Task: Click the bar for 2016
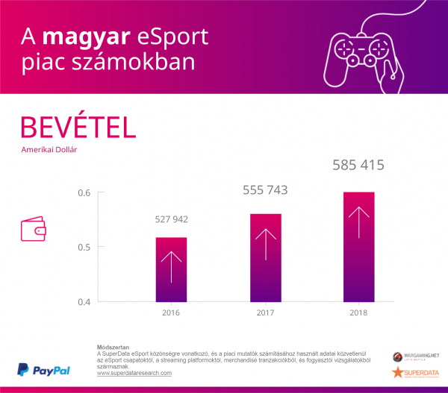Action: tap(171, 269)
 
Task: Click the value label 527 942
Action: tap(171, 219)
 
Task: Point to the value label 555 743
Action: tap(265, 191)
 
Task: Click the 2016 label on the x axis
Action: tap(171, 312)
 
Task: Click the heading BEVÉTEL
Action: tap(78, 127)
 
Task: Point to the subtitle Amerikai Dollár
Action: tap(49, 149)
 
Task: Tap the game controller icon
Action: tap(361, 56)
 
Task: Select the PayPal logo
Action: tap(43, 370)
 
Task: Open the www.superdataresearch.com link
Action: tap(134, 373)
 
